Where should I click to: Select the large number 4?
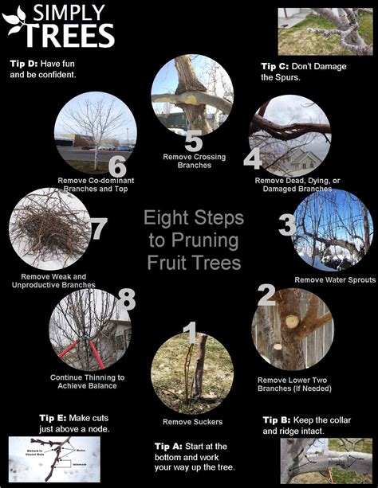point(253,159)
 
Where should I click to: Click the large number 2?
point(267,297)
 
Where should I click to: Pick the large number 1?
point(190,334)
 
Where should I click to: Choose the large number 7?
point(97,230)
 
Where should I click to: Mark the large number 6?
point(117,166)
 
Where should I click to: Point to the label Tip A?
point(168,445)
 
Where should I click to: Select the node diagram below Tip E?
point(53,459)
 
